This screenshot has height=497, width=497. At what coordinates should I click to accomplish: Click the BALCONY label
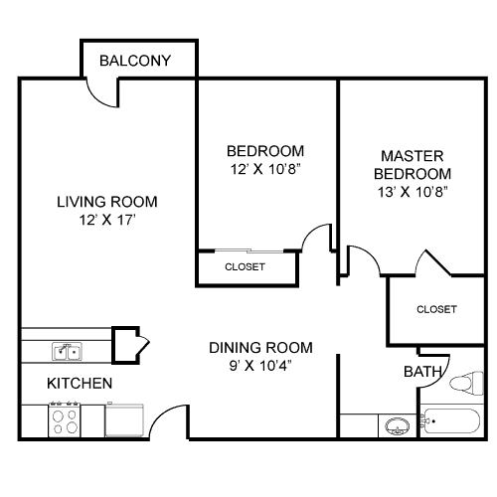coord(135,61)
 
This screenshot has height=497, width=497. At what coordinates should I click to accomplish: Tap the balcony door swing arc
coord(96,98)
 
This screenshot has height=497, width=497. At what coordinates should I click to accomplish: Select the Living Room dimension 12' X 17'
coord(107,220)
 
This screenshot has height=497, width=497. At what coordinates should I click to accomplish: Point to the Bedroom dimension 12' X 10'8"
coord(265,169)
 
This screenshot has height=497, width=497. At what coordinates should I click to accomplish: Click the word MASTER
coord(413,156)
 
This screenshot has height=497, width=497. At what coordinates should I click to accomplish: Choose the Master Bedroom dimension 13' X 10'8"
coord(413,192)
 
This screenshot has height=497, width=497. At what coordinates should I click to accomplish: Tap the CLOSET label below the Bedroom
coord(245,266)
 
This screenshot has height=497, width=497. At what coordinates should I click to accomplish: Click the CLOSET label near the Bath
coord(436,309)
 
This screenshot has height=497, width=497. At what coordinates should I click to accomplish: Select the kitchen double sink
coord(67,352)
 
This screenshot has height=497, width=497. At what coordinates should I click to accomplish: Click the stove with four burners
coord(65,419)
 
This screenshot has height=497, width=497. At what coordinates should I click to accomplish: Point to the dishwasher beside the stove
coord(124,419)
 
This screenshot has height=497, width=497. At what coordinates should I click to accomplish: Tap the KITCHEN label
coord(80,384)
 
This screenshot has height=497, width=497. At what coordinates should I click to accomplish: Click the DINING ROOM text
coord(260,348)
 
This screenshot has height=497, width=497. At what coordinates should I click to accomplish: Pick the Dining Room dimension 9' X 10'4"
coord(260,366)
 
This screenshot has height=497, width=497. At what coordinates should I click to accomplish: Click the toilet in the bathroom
coord(466,383)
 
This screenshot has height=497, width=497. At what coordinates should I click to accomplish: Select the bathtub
coord(452,420)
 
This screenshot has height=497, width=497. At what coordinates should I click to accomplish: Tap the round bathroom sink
coord(398,426)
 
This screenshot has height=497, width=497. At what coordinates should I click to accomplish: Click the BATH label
coord(422,372)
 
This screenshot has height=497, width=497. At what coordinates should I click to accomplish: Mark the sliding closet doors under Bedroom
coord(248,250)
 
